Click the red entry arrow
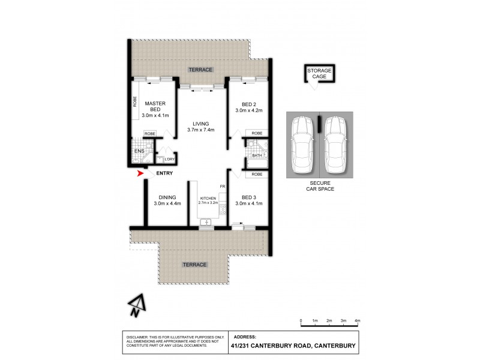click(x=142, y=174)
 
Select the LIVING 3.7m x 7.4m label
click(x=197, y=127)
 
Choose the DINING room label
click(x=167, y=200)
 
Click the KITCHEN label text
click(x=207, y=197)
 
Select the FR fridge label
click(x=222, y=187)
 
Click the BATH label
click(x=257, y=155)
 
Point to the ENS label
click(x=139, y=151)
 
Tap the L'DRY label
click(x=170, y=159)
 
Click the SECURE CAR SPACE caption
click(x=319, y=185)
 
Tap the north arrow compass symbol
click(x=136, y=305)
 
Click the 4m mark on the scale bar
click(x=357, y=322)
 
